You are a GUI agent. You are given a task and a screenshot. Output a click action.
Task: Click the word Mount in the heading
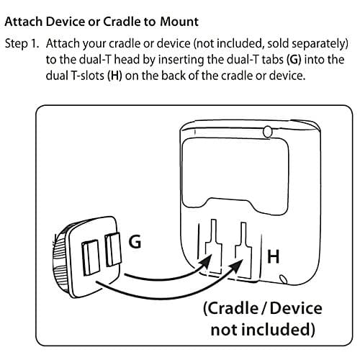point(179,22)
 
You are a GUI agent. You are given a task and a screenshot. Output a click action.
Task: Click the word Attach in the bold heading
point(24,22)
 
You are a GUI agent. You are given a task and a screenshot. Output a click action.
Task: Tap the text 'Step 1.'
point(22,44)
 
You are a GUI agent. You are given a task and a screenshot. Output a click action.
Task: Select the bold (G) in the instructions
point(294,60)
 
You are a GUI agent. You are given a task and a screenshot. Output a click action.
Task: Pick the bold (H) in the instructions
point(114,76)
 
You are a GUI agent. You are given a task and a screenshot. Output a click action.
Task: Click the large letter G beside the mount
point(135,241)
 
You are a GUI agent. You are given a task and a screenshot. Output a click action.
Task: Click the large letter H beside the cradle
point(274,256)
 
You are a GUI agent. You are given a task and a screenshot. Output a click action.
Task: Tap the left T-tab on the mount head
point(91,257)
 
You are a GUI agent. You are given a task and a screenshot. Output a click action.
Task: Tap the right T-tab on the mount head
point(112,249)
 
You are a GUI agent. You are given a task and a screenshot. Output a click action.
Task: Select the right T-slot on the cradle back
point(243,250)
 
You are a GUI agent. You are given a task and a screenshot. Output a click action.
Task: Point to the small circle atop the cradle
point(268,132)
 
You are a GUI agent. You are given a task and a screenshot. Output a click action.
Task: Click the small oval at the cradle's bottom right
point(283,279)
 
